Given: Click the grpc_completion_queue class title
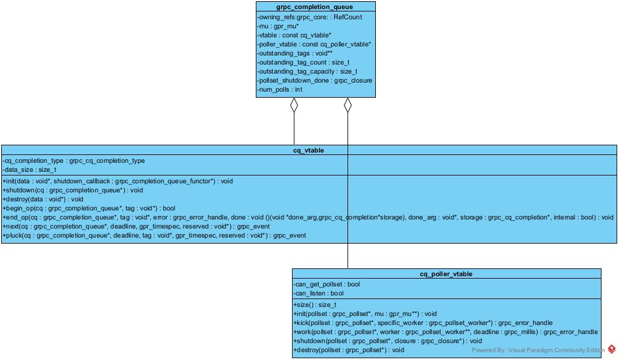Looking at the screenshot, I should pos(314,7).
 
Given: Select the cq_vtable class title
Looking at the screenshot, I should pos(308,150).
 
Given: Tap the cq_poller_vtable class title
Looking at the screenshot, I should pos(446,274).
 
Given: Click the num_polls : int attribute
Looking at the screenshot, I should pos(281,89).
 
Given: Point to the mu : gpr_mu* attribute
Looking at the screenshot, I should pos(278,26).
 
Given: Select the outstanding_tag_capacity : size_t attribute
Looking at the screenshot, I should pos(307,71).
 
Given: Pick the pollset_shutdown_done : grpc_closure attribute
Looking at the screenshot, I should pos(314,80).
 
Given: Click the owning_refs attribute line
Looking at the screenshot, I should pos(309,17).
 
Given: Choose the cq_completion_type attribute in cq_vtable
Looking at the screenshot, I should pos(74,160).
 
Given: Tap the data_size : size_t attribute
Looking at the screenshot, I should pos(30,169).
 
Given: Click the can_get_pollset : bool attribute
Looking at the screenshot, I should pos(326,284).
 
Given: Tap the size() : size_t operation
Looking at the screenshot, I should pos(315,305).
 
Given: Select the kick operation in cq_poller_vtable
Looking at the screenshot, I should pos(423,323).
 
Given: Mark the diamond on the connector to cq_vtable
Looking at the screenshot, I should pos(294,106).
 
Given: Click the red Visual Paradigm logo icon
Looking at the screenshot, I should pos(612,349).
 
